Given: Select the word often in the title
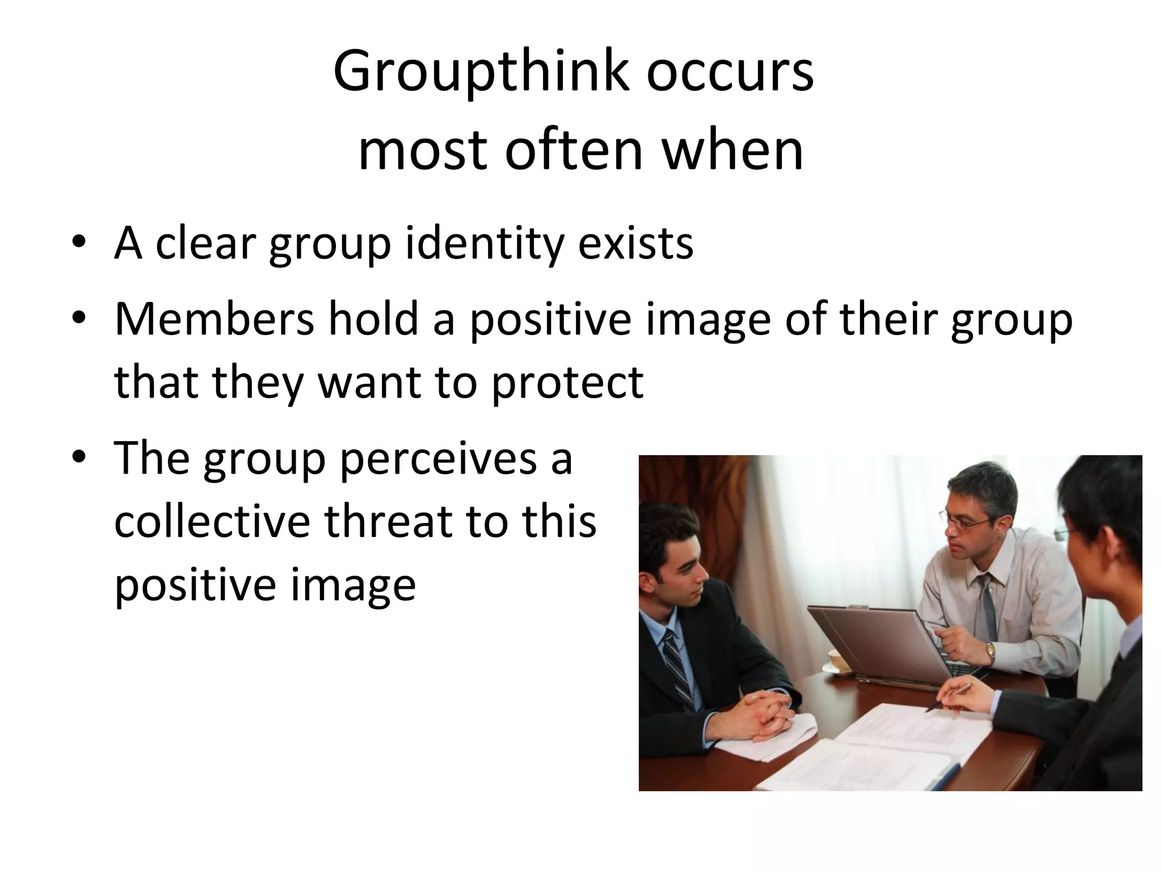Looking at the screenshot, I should tap(574, 150).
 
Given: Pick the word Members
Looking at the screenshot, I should tap(214, 319).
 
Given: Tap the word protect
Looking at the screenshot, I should tap(567, 381).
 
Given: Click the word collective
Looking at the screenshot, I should tap(212, 521).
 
